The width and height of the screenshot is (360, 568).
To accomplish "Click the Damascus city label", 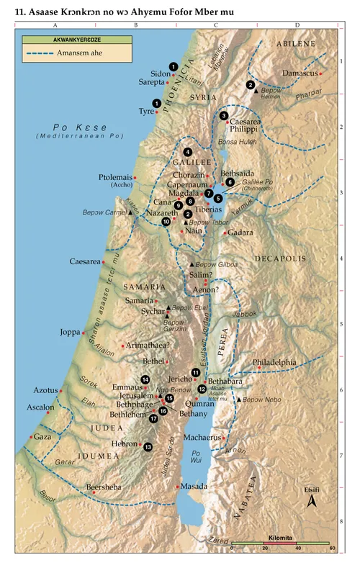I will coord(300,73).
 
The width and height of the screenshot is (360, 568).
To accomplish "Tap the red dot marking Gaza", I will coord(30,436).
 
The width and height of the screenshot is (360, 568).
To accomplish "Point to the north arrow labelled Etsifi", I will coord(311,501).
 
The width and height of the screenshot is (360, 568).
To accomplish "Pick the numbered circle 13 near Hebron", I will coord(148,447).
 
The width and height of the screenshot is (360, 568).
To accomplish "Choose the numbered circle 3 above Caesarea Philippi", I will coord(224,115).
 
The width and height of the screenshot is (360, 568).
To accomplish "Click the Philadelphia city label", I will coord(274,362).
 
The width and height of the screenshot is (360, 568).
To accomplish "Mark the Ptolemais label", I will coord(114,177).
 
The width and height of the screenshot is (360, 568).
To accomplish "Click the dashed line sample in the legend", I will coord(38,53).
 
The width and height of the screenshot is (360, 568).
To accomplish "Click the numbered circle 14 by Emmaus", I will coord(146,379).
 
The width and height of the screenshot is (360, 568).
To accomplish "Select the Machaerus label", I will coord(202,436).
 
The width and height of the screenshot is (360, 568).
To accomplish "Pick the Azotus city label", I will coord(45,390).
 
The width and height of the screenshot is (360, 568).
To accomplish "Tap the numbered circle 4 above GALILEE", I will coord(187,152).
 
